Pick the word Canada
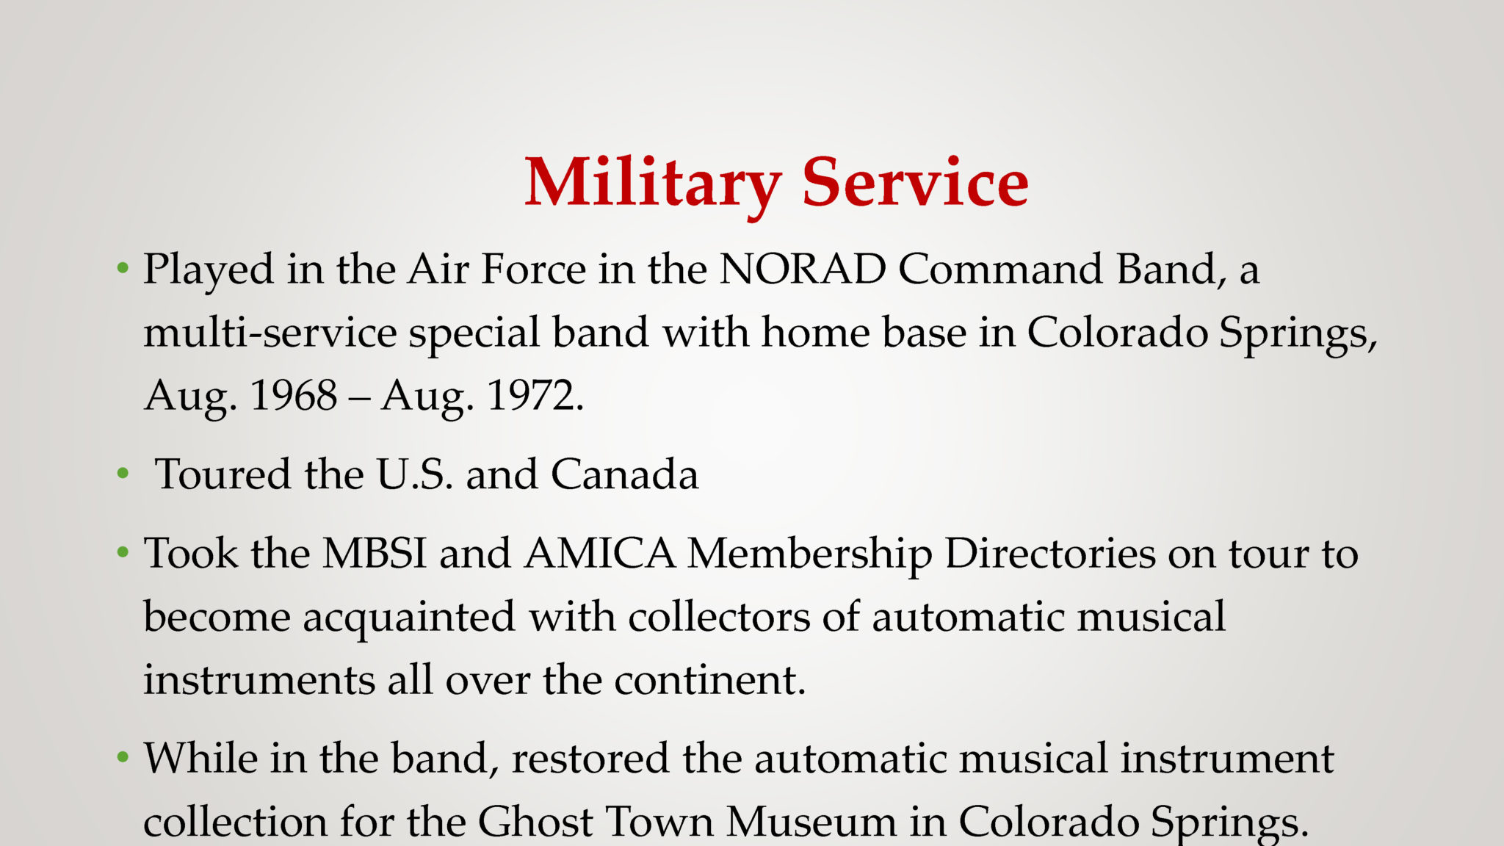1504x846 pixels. tap(624, 474)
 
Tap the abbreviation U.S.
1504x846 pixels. tap(414, 474)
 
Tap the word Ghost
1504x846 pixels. tap(535, 820)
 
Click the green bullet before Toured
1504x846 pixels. tap(123, 474)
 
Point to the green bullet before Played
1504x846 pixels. tap(123, 270)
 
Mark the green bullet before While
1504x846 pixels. tap(123, 758)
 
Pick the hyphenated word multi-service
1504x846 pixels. tap(270, 332)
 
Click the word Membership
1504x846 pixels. tap(810, 554)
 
